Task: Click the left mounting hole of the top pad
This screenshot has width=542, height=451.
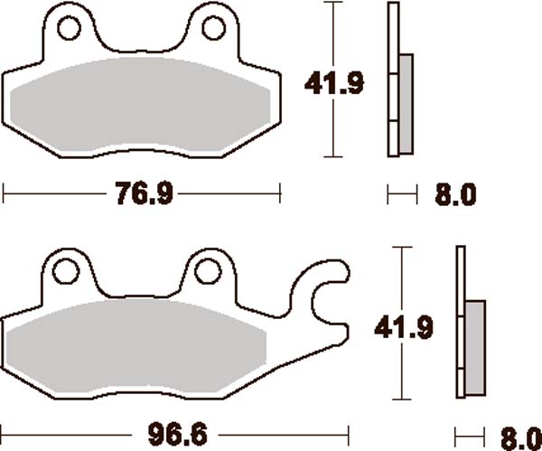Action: pos(70,29)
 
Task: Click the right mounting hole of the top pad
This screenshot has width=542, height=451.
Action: pos(213,29)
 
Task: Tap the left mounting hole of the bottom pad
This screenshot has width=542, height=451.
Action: pos(65,271)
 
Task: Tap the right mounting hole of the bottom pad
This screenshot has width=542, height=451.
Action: pos(208,271)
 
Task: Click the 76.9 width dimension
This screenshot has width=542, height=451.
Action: pos(143,193)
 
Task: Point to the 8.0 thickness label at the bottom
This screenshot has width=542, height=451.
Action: pos(517,436)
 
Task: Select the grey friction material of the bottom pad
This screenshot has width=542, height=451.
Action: pos(135,348)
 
